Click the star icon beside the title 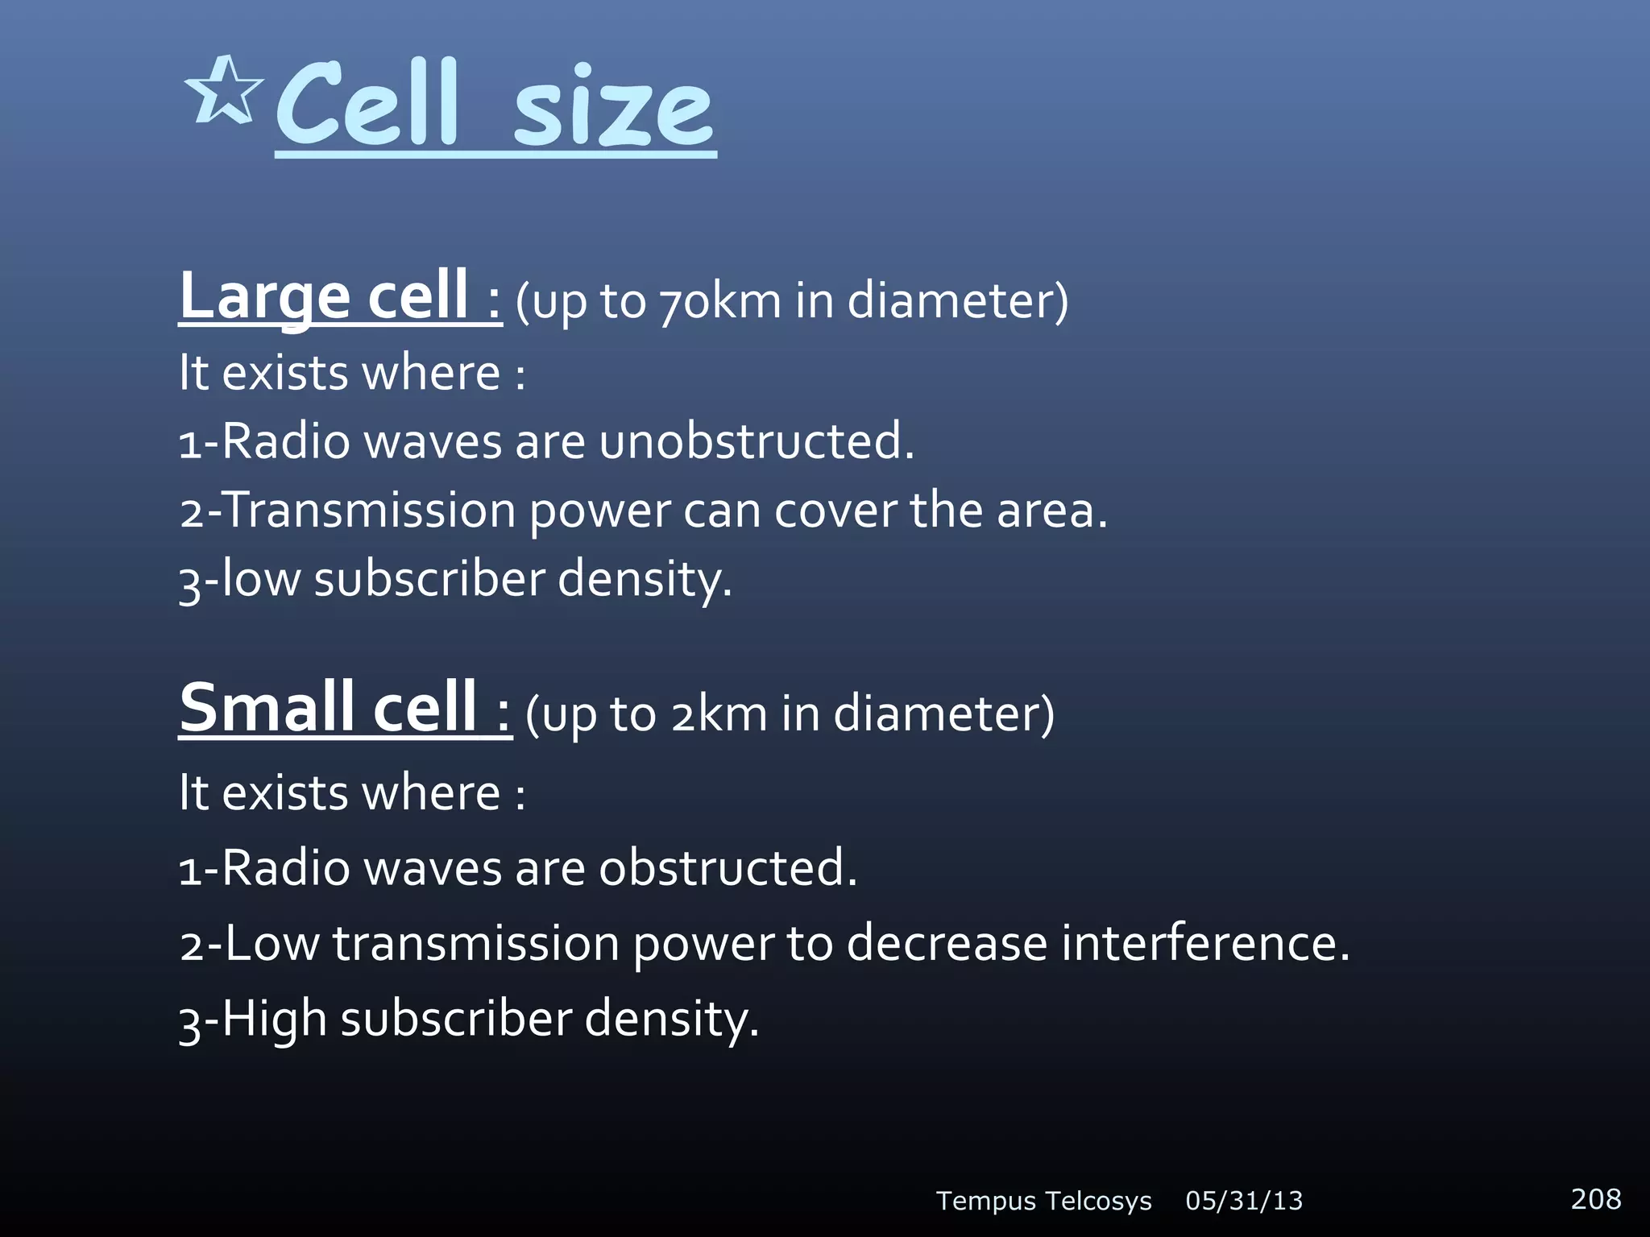click(223, 91)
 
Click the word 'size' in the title click(614, 110)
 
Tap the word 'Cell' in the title click(367, 105)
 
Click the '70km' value click(720, 302)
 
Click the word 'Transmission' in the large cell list click(369, 511)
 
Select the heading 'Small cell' click(329, 708)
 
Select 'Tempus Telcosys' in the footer click(1043, 1201)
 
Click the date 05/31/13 click(1244, 1201)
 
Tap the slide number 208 click(1595, 1198)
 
